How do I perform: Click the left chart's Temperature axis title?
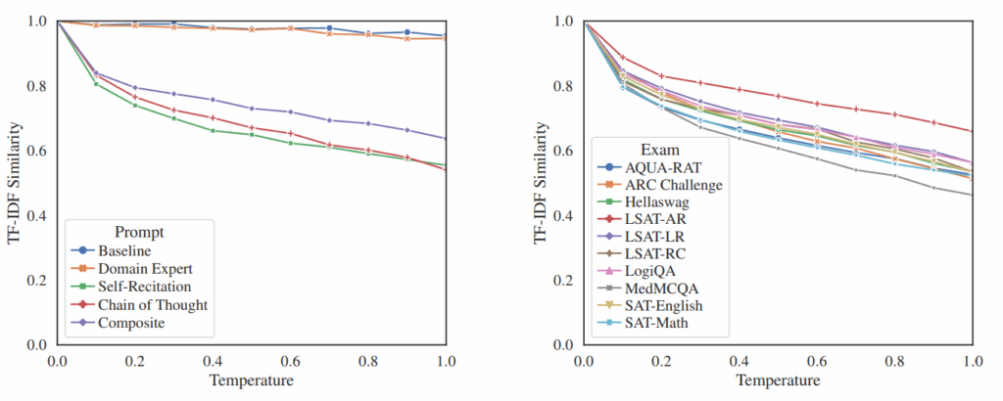[x=252, y=380]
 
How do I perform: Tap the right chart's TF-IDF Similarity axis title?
[x=542, y=182]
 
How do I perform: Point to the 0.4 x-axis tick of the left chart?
[x=213, y=361]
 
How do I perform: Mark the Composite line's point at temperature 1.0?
[x=446, y=139]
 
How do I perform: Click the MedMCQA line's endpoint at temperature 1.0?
[x=973, y=195]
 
